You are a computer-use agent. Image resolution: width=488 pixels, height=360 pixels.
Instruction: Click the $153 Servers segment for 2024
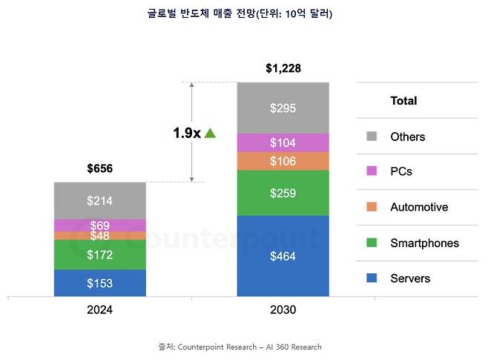[x=100, y=283]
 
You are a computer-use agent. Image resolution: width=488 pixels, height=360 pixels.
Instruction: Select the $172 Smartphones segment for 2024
[x=100, y=255]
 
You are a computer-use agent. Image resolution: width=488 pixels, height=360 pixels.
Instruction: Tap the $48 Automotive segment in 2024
[x=100, y=236]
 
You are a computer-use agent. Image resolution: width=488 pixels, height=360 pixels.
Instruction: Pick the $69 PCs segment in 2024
[x=100, y=225]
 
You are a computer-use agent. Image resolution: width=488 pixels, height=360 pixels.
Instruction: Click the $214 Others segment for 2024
[x=100, y=200]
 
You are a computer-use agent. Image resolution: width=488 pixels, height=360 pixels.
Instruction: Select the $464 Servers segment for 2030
[x=283, y=256]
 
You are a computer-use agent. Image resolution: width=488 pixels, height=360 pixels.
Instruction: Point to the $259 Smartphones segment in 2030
[x=283, y=193]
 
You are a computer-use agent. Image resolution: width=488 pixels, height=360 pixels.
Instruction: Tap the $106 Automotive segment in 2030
[x=283, y=162]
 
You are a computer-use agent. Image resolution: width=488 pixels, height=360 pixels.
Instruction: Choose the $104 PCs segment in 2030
[x=283, y=143]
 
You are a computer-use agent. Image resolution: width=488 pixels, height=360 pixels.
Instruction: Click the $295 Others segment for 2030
[x=283, y=108]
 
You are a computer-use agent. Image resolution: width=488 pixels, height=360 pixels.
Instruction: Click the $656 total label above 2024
[x=99, y=168]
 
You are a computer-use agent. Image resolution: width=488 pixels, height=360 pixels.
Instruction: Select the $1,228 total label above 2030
[x=283, y=69]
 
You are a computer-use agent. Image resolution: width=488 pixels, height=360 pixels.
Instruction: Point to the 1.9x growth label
[x=187, y=133]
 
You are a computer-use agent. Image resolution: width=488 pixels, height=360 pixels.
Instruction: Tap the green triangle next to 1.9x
[x=210, y=133]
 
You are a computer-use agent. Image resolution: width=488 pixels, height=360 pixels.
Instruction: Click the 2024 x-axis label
[x=99, y=310]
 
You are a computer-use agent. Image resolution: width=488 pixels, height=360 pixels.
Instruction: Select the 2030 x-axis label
[x=283, y=310]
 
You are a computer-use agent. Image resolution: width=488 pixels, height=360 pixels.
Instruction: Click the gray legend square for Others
[x=372, y=137]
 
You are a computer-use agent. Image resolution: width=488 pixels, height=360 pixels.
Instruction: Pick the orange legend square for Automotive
[x=372, y=207]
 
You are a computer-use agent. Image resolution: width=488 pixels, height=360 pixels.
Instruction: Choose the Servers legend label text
[x=410, y=278]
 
